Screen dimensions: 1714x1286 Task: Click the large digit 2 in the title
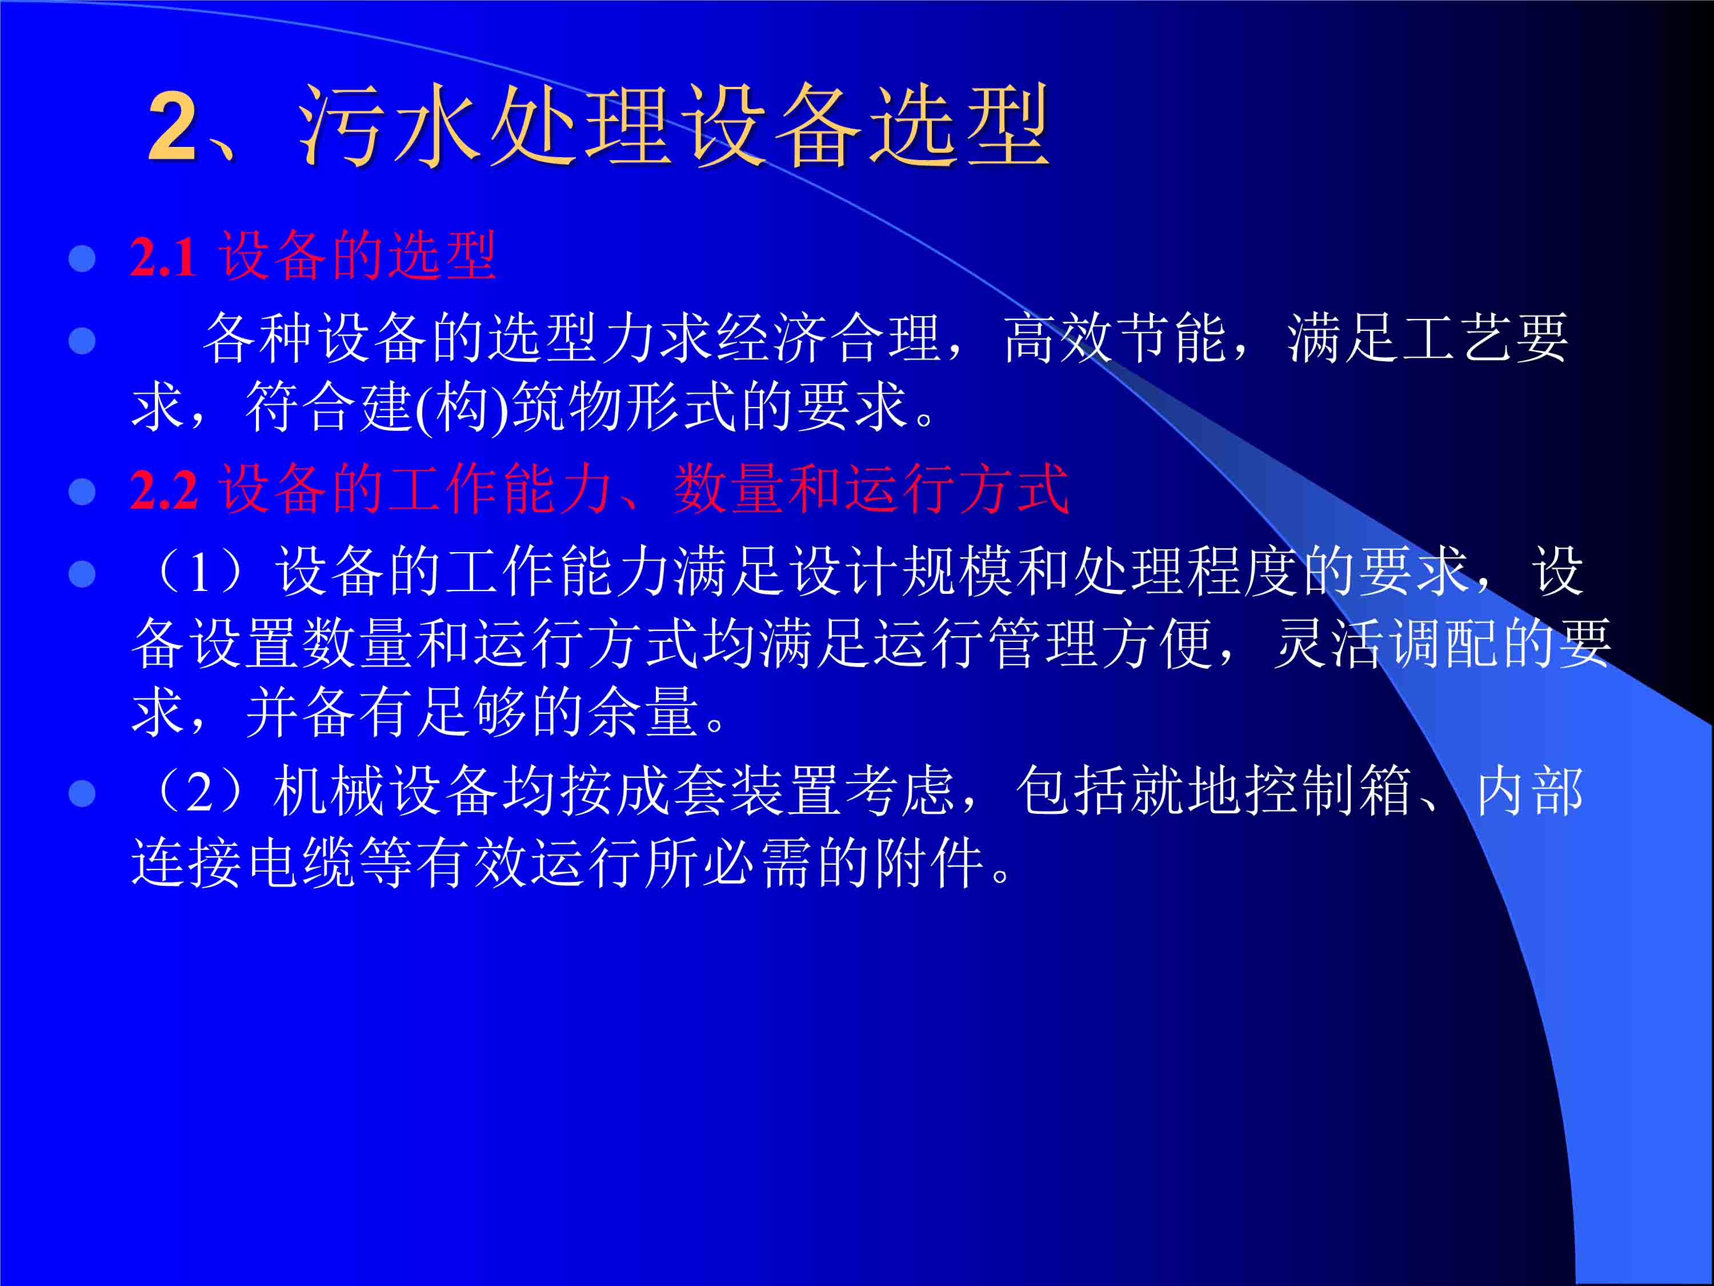coord(172,127)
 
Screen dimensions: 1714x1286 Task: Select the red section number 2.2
coord(163,490)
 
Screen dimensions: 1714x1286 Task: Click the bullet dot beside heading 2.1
coord(82,259)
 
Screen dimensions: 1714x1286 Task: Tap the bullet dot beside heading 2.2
coord(82,492)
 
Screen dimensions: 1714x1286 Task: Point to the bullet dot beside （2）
coord(82,794)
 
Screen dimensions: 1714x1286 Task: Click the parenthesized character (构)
coord(462,407)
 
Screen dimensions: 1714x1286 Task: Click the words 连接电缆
coord(243,862)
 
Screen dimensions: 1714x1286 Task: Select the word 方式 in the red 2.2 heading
coord(1014,489)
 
